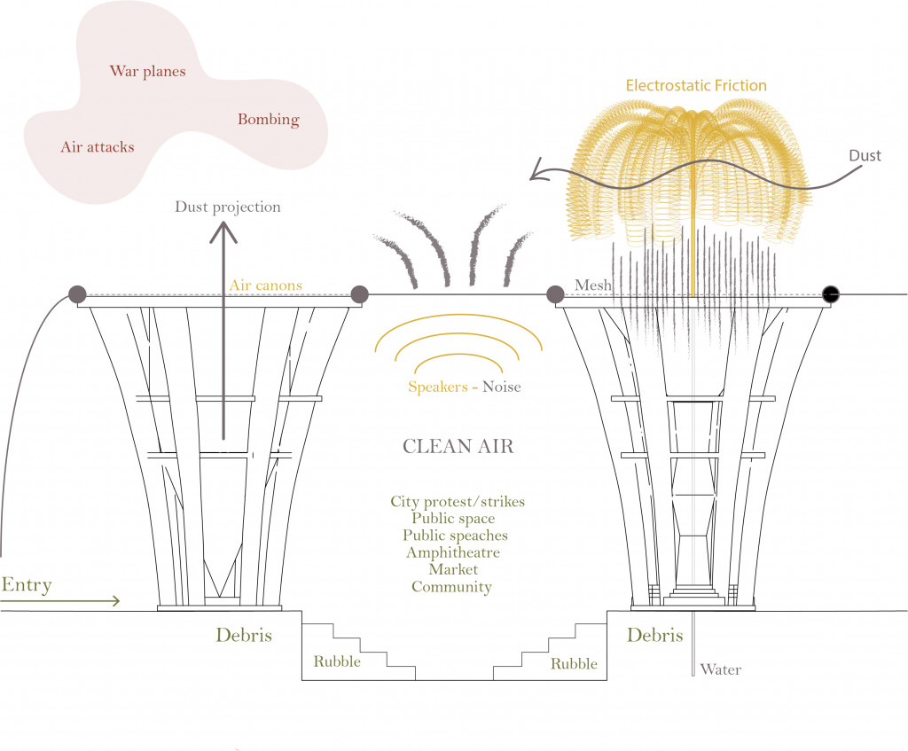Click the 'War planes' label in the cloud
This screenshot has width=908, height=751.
point(147,71)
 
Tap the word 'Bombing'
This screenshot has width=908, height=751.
point(268,120)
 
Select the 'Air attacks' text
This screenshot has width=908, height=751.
point(98,147)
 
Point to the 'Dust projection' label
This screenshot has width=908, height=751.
point(227,207)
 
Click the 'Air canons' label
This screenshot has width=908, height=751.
point(266,286)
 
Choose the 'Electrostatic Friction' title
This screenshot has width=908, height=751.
point(696,86)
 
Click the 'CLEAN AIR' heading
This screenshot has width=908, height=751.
point(458,446)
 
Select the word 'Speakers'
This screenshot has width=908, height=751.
point(437,387)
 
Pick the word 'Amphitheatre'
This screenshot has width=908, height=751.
point(452,552)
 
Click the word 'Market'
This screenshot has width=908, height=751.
point(453,569)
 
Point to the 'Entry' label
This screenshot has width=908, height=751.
point(27,585)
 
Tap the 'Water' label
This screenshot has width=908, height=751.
point(720,669)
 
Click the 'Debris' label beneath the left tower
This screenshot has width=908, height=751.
point(243,636)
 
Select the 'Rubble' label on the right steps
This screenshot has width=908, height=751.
point(574,663)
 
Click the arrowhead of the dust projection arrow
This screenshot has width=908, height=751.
point(223,231)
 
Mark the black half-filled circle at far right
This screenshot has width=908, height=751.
point(831,294)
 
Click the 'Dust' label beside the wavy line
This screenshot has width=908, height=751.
point(865,156)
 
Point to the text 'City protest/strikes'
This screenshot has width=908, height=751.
point(458,502)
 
